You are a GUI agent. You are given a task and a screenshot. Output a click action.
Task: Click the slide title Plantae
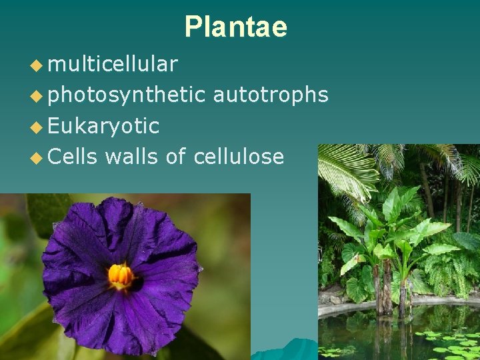point(235,27)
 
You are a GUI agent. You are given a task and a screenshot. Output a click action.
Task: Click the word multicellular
point(113,64)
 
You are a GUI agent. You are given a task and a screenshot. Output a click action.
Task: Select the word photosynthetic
point(127,95)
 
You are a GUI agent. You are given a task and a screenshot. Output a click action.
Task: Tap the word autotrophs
point(271,95)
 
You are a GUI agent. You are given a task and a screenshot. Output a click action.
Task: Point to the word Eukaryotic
point(104,126)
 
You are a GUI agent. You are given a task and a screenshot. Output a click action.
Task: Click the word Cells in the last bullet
point(73,157)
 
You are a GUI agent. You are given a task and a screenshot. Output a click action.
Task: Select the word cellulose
point(239,157)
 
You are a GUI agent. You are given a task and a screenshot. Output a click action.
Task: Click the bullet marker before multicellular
point(36,65)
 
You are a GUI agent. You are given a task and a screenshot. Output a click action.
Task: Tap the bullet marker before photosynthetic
point(36,96)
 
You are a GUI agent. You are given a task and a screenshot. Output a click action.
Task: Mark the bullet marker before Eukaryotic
point(36,127)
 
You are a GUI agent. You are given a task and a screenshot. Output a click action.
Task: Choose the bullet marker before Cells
point(36,158)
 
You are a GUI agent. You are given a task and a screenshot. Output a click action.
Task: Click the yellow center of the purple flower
point(121,274)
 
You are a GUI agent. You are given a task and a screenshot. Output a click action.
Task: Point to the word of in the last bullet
point(176,157)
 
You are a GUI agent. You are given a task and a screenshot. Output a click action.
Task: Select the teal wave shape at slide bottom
point(287,351)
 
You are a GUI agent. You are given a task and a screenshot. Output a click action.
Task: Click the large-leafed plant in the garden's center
point(393,233)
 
